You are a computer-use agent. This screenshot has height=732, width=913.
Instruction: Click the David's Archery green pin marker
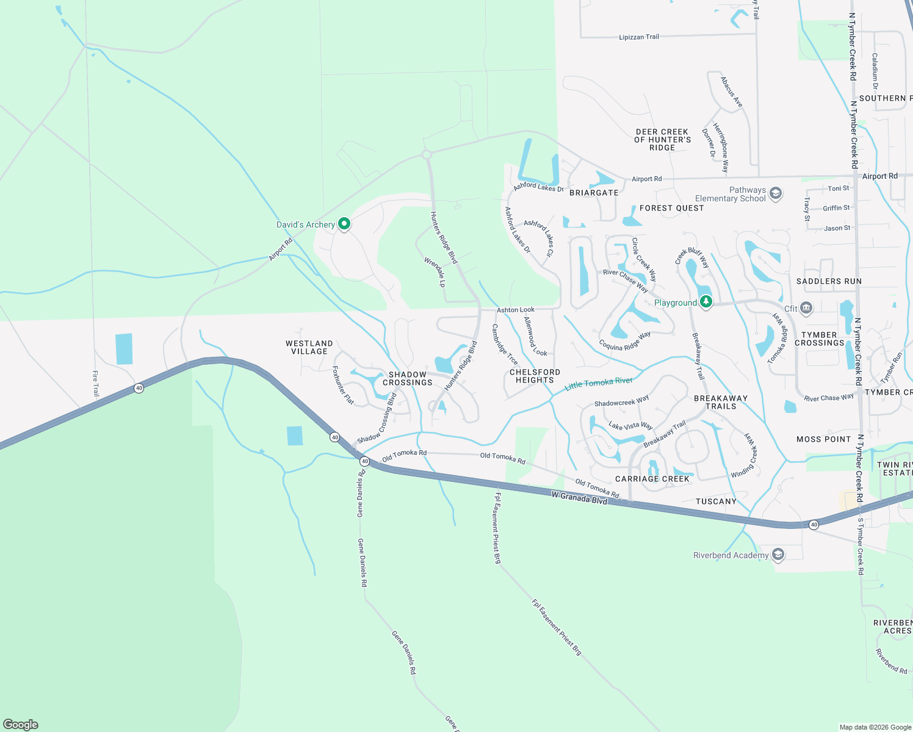(344, 224)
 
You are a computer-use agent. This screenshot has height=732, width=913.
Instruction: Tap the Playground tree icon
(706, 301)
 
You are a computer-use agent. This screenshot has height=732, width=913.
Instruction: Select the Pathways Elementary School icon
(776, 194)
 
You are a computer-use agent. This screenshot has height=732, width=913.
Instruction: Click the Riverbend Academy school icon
(778, 554)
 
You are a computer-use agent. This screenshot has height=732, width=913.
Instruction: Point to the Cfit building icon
(806, 308)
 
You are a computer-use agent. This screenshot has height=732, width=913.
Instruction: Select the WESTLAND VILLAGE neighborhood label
(309, 347)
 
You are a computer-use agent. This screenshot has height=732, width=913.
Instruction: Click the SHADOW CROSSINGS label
(407, 378)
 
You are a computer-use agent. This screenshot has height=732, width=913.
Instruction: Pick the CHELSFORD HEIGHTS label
(535, 376)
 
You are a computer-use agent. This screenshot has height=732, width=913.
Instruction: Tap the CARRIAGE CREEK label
(652, 479)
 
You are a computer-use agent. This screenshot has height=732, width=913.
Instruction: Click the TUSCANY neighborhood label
(716, 501)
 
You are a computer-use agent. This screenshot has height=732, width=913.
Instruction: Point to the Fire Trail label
(95, 384)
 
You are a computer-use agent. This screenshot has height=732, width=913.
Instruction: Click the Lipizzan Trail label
(638, 37)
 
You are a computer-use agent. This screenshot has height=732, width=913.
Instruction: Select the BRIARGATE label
(594, 193)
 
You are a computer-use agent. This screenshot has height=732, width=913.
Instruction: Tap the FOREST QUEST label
(671, 208)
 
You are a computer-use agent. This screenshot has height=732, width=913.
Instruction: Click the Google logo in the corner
(21, 724)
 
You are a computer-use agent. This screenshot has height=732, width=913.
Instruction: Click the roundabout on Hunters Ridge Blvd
(427, 155)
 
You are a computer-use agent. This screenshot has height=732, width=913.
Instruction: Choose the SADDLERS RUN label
(829, 281)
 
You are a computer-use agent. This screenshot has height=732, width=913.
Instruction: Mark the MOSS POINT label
(823, 439)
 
